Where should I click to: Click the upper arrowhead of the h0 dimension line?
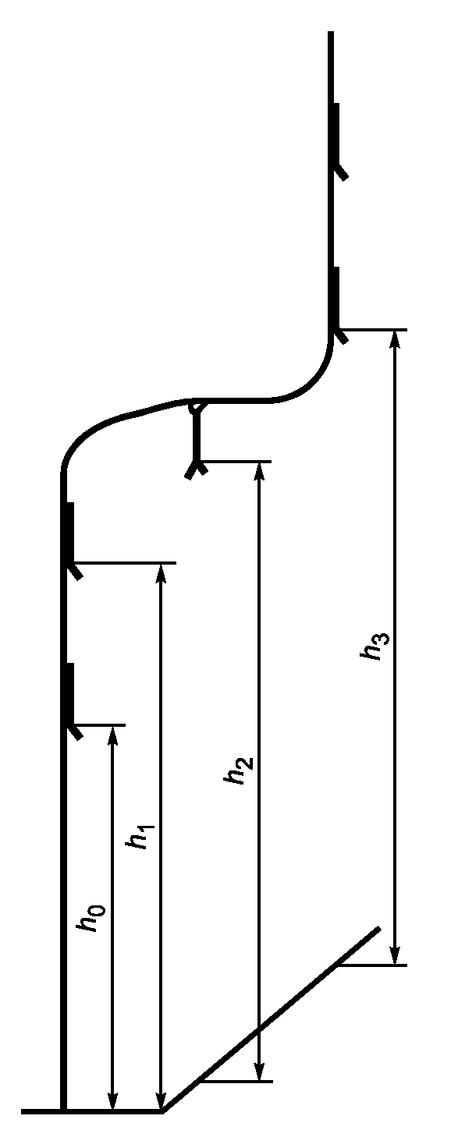(x=112, y=735)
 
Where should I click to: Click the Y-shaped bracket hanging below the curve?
(x=196, y=441)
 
